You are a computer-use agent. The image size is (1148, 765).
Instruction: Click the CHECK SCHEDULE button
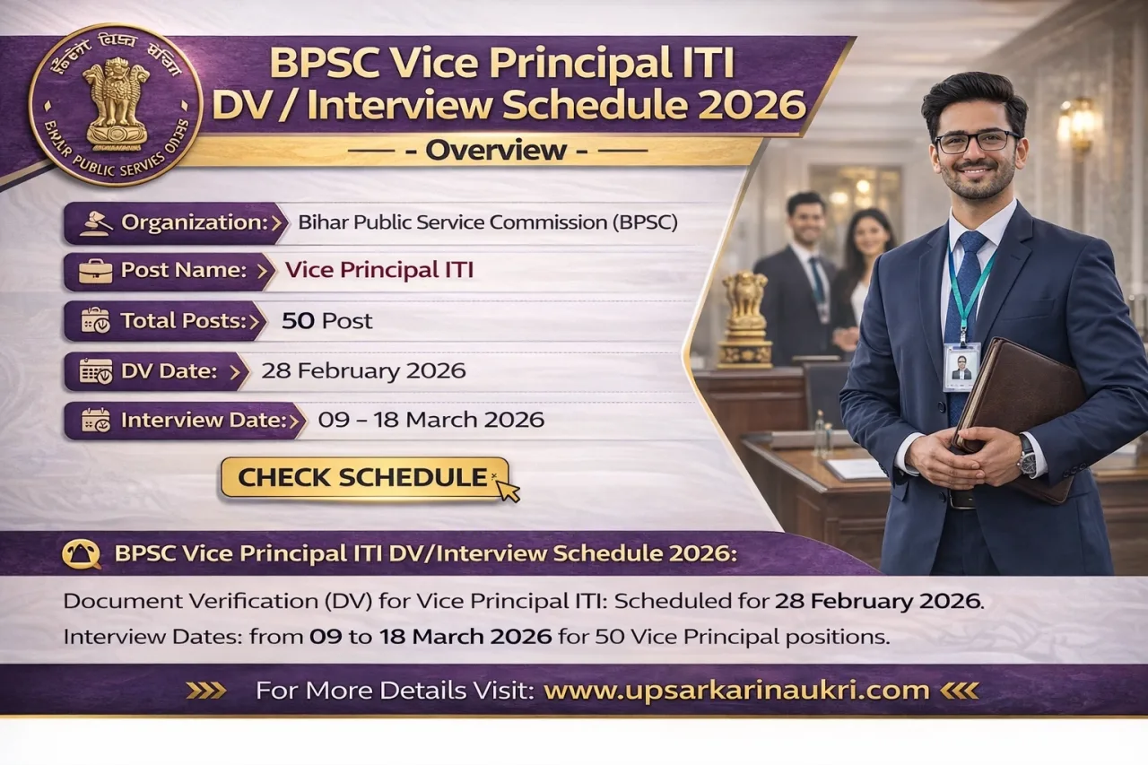363,477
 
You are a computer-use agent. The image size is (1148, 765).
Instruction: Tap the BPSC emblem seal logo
116,106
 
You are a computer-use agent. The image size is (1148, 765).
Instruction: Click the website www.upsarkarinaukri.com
735,691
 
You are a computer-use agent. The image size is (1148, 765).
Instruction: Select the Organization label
193,222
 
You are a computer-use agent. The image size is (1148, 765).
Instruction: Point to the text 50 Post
326,321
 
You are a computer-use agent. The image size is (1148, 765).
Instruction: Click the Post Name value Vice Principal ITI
378,270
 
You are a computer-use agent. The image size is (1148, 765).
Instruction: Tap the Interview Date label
203,420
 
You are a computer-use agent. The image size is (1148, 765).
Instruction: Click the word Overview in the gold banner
496,151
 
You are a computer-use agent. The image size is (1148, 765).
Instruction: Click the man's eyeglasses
977,142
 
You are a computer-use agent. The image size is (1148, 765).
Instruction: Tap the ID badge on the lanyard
961,366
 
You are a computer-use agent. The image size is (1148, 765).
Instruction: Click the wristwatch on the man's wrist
1026,456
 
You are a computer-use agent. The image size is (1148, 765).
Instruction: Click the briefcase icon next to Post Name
95,271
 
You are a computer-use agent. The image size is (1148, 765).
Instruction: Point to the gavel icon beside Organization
95,222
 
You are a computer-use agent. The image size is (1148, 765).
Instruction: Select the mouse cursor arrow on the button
508,490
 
